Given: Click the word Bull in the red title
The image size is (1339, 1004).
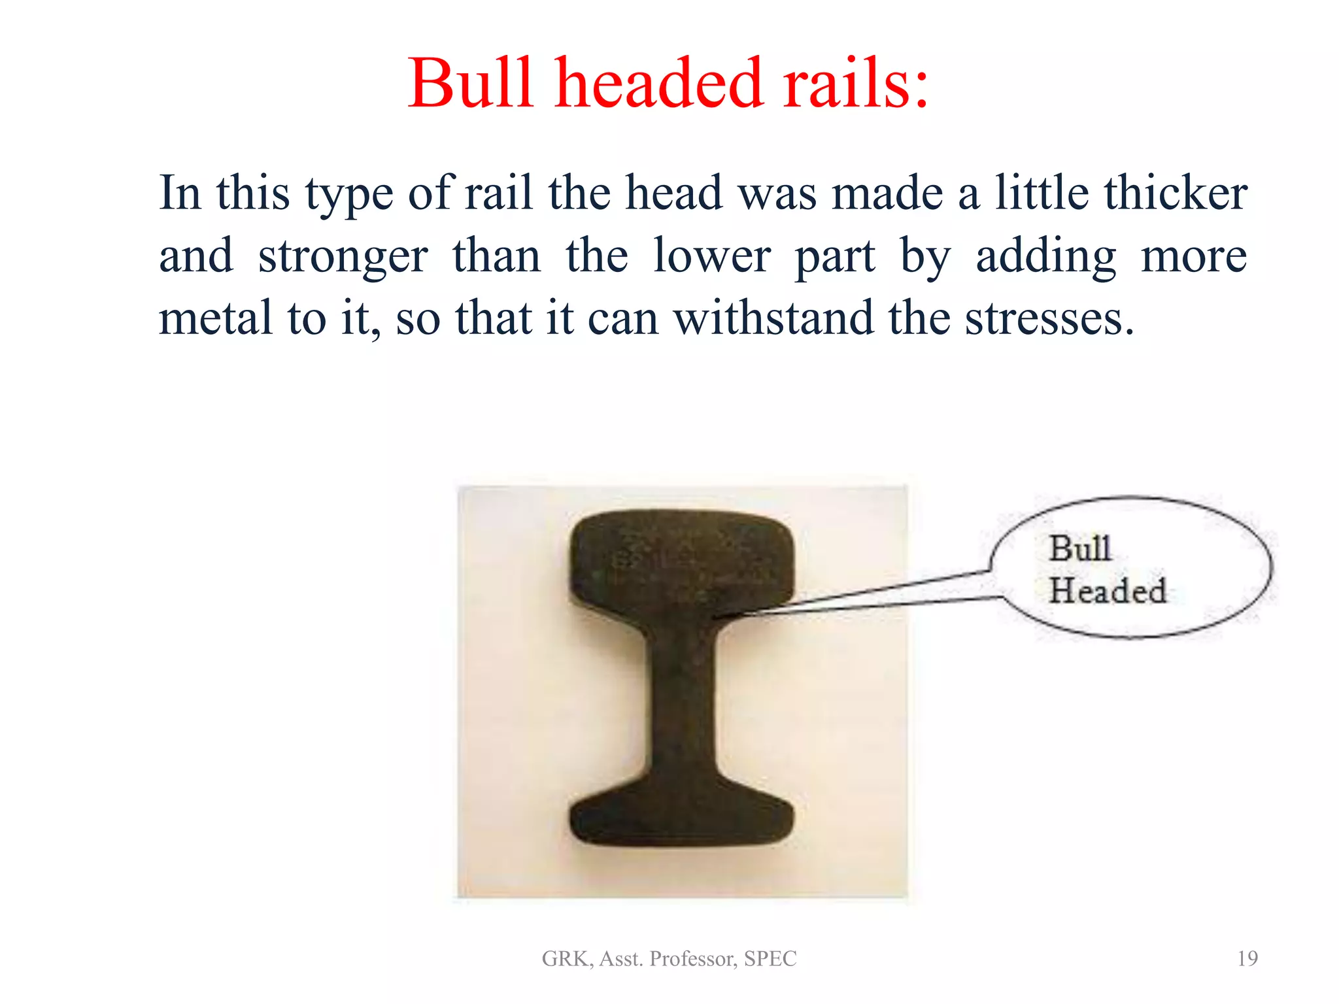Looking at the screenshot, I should pyautogui.click(x=471, y=84).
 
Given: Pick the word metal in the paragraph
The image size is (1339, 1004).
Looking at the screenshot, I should pyautogui.click(x=216, y=318).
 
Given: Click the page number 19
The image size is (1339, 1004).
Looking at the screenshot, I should pyautogui.click(x=1247, y=958).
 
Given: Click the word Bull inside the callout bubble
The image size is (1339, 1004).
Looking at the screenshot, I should pyautogui.click(x=1079, y=548).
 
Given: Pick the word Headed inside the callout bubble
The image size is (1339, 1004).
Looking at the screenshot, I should pyautogui.click(x=1108, y=590).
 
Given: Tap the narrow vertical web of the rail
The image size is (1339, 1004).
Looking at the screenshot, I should pyautogui.click(x=682, y=706).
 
